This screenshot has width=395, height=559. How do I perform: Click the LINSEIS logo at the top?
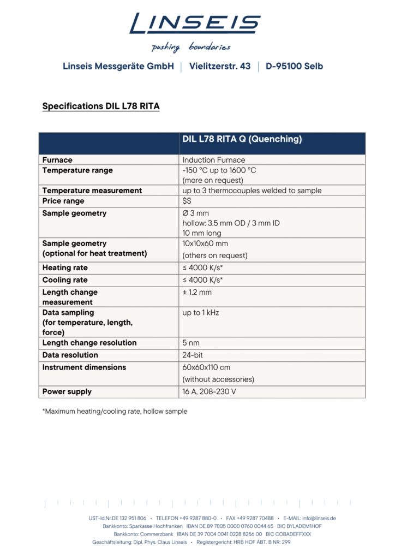coord(195,23)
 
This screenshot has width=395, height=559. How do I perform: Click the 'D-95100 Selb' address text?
coord(294,67)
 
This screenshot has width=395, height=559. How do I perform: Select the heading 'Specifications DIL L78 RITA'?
coord(101,106)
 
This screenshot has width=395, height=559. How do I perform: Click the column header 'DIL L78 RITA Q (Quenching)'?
coord(242,139)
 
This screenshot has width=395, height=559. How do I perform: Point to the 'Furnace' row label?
coord(57,160)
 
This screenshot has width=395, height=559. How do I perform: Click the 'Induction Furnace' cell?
coord(214,160)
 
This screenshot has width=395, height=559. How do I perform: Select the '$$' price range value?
coord(187,201)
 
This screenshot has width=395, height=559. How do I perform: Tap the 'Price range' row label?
coord(63,201)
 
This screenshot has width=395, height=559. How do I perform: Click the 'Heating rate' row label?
coord(65,268)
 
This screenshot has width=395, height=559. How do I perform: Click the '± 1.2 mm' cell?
coord(196,292)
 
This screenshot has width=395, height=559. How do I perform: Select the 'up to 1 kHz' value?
coord(200,313)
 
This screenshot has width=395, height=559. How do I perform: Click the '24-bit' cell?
coord(193,355)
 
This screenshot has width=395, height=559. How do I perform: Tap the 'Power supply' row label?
coord(67,391)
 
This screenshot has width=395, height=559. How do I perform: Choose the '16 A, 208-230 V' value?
coord(210,391)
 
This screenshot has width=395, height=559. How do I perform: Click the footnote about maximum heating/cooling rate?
coord(115,411)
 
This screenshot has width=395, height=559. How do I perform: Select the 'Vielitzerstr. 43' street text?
coord(220,67)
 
